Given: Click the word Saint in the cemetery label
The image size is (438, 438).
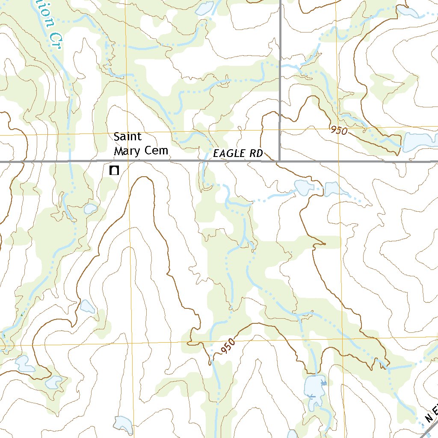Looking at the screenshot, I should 127,137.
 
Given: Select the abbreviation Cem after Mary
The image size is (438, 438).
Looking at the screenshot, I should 157,151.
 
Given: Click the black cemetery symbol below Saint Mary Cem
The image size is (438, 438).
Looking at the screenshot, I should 114,171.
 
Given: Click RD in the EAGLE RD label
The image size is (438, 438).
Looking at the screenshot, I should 256,154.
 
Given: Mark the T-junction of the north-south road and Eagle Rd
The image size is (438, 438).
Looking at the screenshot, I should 280,161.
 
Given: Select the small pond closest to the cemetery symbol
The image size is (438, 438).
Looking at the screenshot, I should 90,209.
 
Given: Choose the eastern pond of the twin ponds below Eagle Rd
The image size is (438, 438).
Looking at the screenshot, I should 333,189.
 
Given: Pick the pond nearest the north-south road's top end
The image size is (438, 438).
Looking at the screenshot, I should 204,7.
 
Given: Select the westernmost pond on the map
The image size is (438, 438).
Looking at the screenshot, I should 24,363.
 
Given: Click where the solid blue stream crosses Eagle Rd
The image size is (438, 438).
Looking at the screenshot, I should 204,161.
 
